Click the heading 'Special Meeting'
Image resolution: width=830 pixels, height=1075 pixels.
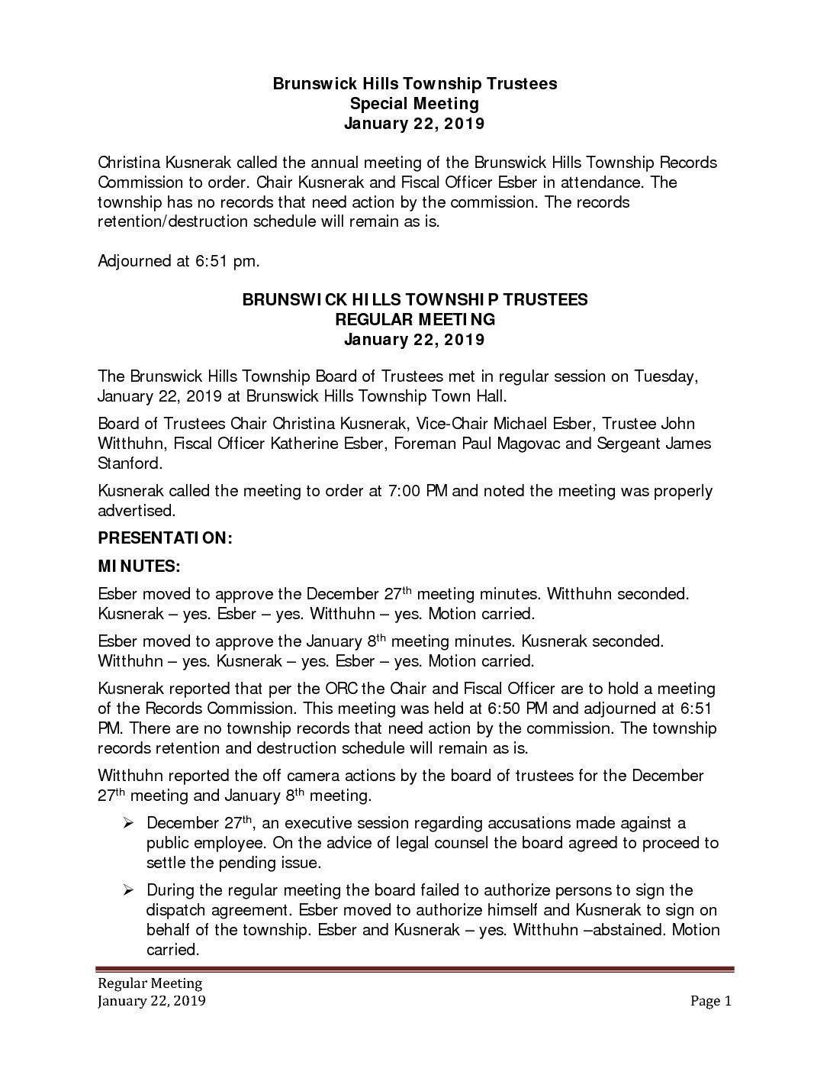click(414, 103)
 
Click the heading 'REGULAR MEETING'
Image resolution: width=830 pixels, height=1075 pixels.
click(414, 319)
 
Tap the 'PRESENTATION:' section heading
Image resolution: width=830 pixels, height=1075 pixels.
click(164, 538)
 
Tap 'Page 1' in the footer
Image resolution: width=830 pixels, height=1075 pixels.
click(711, 1002)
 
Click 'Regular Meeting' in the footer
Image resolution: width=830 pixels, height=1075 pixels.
click(149, 983)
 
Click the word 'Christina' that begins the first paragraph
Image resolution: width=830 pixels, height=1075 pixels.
click(132, 163)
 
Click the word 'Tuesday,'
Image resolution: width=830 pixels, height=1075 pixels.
click(666, 376)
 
